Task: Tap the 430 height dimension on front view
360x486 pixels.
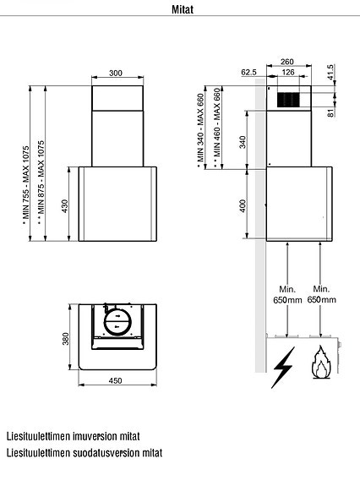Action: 66,205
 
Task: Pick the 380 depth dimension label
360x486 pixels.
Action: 66,338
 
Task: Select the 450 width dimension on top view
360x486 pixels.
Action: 116,380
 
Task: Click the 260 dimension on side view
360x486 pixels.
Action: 287,62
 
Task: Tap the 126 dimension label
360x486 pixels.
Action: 288,72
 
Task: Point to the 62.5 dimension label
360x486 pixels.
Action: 248,73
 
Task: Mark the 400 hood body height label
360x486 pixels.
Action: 243,205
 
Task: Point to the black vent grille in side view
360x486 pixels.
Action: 288,101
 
